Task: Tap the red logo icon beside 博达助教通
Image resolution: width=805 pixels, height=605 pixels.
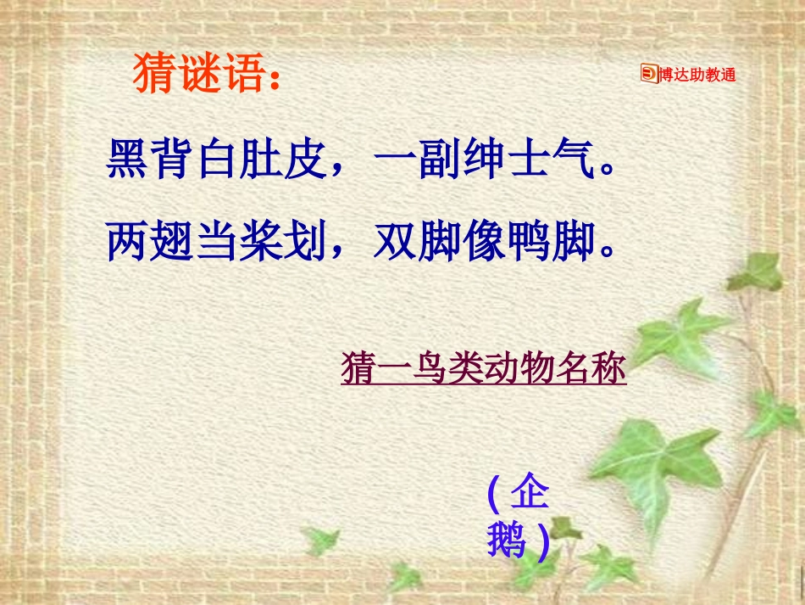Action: [x=648, y=75]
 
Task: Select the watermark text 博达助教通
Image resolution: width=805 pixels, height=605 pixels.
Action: [x=697, y=75]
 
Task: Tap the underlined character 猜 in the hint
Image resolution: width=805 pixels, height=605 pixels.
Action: [x=358, y=370]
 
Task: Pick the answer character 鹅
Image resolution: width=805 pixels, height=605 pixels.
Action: [x=505, y=540]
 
